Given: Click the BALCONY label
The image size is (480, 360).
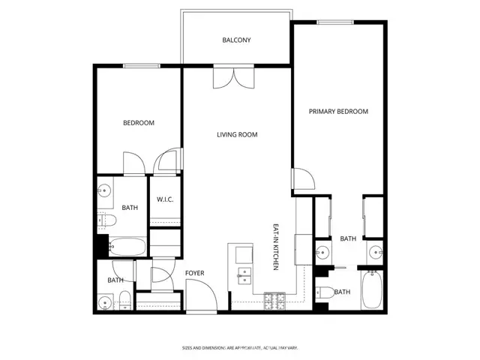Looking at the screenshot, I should pyautogui.click(x=236, y=40).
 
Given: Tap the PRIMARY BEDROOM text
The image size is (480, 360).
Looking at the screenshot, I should pyautogui.click(x=338, y=111).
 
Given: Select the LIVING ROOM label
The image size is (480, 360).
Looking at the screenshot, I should pyautogui.click(x=237, y=135).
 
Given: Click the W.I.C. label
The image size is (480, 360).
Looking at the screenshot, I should pyautogui.click(x=165, y=199).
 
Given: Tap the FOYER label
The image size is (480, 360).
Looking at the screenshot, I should pyautogui.click(x=195, y=273).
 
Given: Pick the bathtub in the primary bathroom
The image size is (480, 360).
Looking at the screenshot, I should pyautogui.click(x=372, y=291).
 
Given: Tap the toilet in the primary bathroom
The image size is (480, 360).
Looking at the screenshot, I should pyautogui.click(x=324, y=292).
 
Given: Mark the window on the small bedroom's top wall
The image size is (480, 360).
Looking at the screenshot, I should pyautogui.click(x=139, y=66).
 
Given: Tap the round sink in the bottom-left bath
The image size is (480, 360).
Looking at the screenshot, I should pyautogui.click(x=106, y=303).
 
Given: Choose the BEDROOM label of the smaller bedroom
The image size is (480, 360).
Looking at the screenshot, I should pyautogui.click(x=139, y=123).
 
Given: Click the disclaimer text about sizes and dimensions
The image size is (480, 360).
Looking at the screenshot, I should pyautogui.click(x=240, y=347).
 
